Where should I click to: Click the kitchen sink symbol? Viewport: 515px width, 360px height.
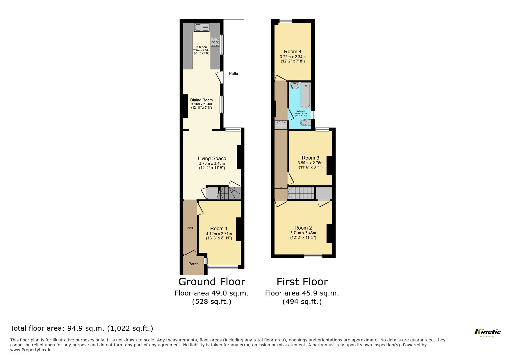202,28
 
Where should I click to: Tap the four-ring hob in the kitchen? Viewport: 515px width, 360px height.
215,42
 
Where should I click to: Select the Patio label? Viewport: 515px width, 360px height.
234,74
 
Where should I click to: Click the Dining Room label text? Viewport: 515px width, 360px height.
202,100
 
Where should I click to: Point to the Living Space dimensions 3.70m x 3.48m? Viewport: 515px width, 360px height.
212,164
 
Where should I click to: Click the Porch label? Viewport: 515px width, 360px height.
193,264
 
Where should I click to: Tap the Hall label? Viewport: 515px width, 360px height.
190,228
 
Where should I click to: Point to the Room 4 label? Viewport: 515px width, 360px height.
293,51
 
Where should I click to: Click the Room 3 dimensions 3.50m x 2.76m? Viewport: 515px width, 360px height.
311,163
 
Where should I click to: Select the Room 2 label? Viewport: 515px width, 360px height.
303,228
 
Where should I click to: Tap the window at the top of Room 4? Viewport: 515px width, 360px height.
286,21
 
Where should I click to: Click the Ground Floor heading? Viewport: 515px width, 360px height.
211,282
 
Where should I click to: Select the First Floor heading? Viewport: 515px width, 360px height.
302,282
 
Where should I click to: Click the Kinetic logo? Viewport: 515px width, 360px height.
487,332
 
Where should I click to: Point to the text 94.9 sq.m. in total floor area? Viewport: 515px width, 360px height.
86,328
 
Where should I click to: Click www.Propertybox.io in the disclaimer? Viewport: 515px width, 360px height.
31,350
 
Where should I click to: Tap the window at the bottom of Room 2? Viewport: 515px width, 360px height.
313,256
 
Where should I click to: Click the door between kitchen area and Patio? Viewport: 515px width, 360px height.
220,77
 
